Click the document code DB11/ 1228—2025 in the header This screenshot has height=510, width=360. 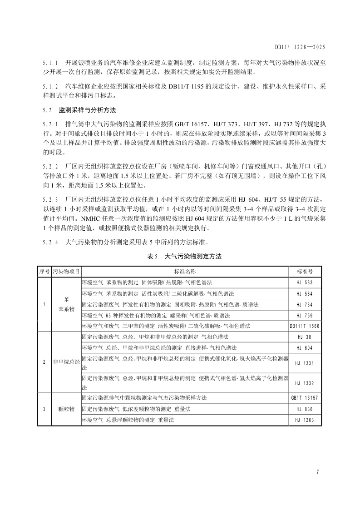pos(300,47)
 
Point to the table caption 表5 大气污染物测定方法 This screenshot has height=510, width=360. pos(185,257)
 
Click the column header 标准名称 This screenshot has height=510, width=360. pos(185,272)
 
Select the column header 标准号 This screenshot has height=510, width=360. pos(305,272)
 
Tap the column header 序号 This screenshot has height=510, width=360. pos(44,272)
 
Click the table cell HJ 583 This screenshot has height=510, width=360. pos(305,282)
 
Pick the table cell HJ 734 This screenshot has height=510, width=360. pos(305,304)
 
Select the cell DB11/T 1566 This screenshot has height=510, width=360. pos(305,326)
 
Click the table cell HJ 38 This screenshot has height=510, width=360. pos(305,337)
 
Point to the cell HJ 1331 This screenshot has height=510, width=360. pos(305,363)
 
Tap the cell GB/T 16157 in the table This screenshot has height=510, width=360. pos(305,398)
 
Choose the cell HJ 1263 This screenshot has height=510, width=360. pos(305,420)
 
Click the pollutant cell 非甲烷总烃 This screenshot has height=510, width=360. pos(66,362)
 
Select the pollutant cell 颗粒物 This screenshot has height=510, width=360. pos(66,409)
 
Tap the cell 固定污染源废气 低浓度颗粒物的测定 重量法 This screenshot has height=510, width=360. pos(136,409)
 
